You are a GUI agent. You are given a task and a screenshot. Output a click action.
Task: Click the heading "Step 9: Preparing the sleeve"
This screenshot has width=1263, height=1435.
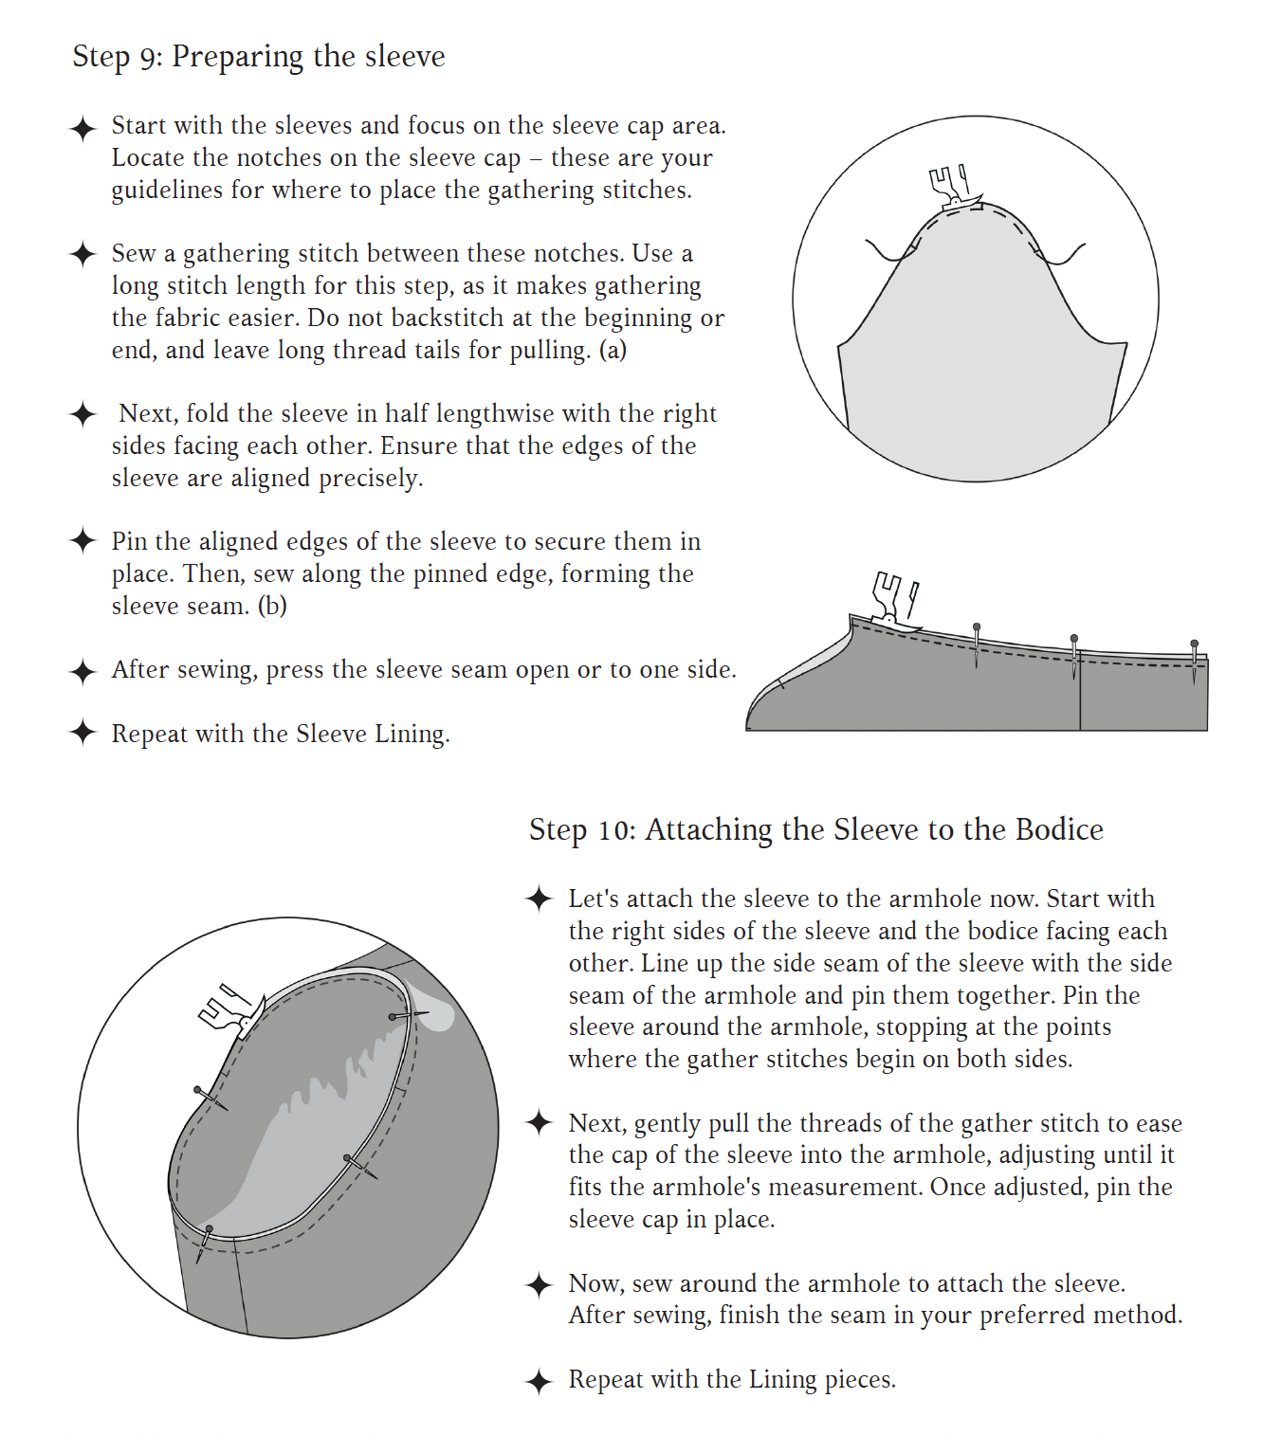tap(259, 57)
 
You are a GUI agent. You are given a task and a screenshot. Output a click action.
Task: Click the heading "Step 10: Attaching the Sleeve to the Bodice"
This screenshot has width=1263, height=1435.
tap(815, 830)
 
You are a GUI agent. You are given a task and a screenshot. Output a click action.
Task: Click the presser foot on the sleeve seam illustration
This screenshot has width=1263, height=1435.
tap(892, 600)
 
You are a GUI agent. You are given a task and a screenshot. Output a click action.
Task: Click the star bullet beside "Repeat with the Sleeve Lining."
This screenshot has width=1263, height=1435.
tap(83, 733)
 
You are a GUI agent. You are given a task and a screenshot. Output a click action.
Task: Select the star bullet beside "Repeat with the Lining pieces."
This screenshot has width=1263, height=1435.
tap(539, 1381)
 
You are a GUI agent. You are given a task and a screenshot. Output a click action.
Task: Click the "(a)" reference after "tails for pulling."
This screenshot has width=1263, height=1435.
tap(613, 351)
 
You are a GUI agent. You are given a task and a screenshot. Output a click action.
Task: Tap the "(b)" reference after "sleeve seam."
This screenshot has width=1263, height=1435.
tap(272, 606)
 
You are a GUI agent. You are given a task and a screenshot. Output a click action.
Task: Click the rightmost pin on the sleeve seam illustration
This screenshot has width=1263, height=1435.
tap(1194, 654)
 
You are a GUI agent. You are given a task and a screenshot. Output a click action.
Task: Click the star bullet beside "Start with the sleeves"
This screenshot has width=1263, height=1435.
tap(83, 128)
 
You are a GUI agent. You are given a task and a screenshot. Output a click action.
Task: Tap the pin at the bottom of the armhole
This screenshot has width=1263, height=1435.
tap(206, 1239)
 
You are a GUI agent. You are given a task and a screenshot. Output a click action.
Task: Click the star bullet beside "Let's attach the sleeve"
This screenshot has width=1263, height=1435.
tap(539, 899)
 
